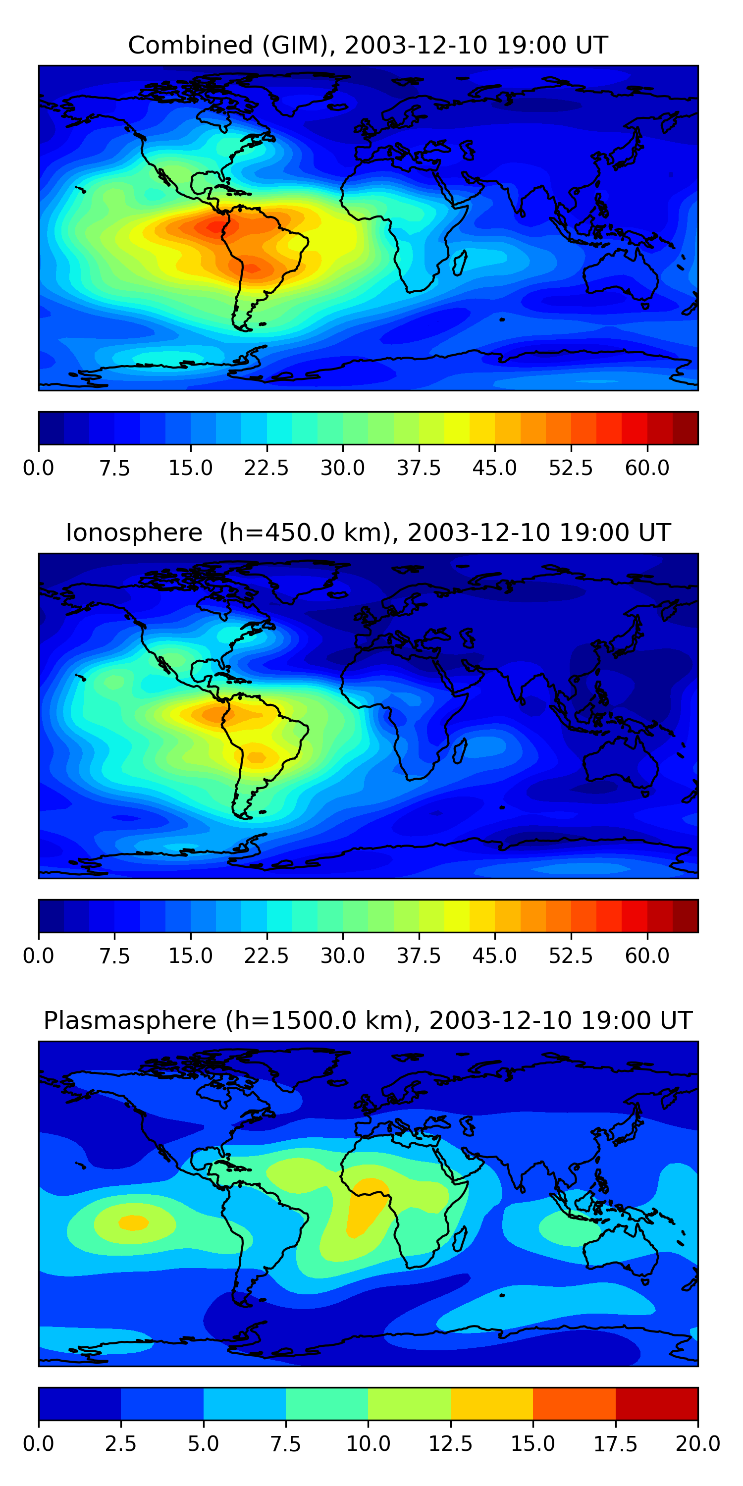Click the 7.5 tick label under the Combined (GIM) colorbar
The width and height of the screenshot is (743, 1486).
[114, 468]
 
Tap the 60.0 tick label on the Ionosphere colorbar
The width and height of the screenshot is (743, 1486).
[647, 956]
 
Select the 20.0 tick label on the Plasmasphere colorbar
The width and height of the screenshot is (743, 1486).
[697, 1444]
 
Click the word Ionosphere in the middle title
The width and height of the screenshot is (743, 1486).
[134, 533]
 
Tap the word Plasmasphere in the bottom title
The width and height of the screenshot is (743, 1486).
[130, 1021]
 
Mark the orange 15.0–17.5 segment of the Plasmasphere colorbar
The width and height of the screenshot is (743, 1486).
[574, 1403]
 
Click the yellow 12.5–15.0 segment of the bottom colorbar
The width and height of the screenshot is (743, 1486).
[491, 1403]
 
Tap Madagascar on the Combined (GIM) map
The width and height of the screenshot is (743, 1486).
[460, 263]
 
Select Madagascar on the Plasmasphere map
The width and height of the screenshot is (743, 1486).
[460, 1238]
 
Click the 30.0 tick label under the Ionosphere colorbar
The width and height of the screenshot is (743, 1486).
[343, 956]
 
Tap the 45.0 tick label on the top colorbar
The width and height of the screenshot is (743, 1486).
[494, 468]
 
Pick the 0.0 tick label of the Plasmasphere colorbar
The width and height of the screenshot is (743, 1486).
[39, 1444]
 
